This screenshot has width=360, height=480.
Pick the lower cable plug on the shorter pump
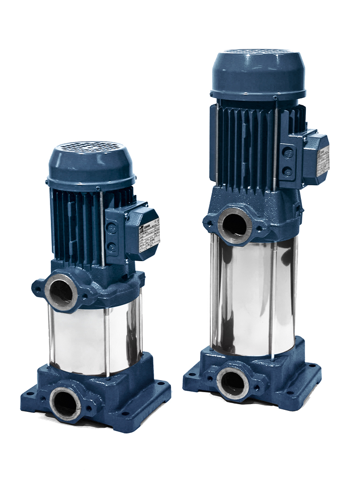[x=112, y=247]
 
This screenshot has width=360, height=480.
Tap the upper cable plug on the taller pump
[x=288, y=153]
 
